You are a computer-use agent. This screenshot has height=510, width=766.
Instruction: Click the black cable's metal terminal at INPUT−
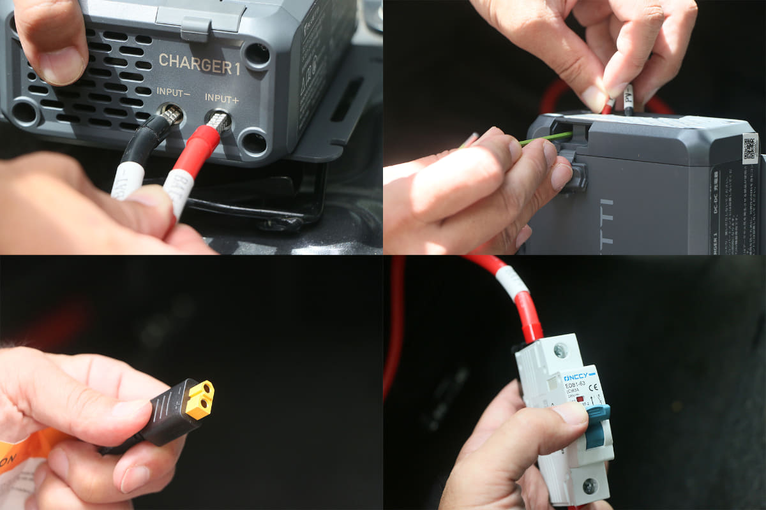(x=170, y=115)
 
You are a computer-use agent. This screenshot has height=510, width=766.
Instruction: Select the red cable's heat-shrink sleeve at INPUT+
(x=194, y=150)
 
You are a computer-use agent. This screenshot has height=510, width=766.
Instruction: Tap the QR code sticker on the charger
(x=751, y=147)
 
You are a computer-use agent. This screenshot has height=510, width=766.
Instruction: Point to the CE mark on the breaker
(x=593, y=386)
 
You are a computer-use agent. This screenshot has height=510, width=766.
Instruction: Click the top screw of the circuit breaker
(x=560, y=349)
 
